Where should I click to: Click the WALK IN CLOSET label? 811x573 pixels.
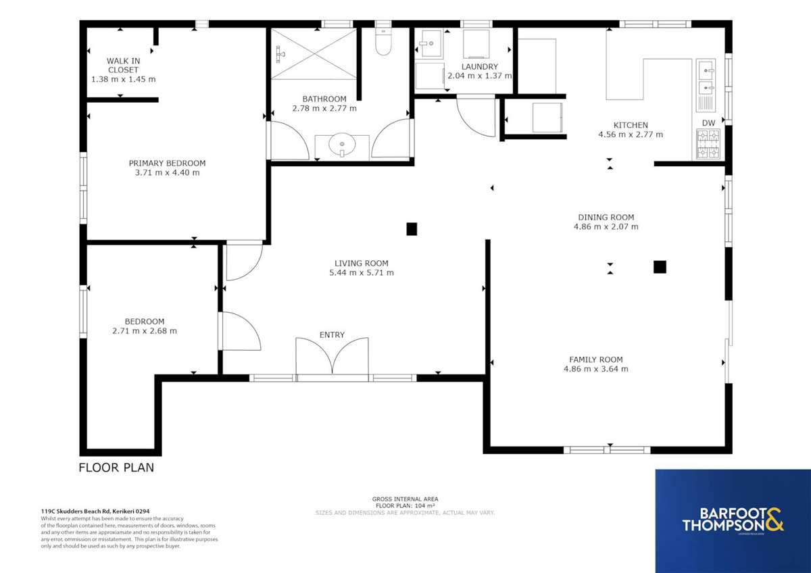[x=123, y=65]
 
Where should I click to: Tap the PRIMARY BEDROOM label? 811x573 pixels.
[x=167, y=163]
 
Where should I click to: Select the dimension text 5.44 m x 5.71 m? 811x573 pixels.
[x=361, y=273]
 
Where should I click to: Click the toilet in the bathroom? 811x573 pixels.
[x=383, y=41]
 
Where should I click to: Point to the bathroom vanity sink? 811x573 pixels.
[x=343, y=144]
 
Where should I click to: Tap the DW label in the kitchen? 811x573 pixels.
[x=708, y=122]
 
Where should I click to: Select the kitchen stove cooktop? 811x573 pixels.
[x=708, y=144]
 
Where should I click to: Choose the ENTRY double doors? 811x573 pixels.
[x=332, y=356]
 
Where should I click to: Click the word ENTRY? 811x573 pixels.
[x=332, y=334]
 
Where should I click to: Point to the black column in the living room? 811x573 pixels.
[x=411, y=229]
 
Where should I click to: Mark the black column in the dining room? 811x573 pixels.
[x=660, y=267]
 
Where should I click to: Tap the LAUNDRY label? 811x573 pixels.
[x=479, y=66]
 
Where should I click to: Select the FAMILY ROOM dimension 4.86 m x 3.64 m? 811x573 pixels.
[x=595, y=369]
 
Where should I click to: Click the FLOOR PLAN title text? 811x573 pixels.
[x=116, y=467]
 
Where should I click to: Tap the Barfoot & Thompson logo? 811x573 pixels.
[x=733, y=522]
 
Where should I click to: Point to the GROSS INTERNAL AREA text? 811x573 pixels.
[x=405, y=499]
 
